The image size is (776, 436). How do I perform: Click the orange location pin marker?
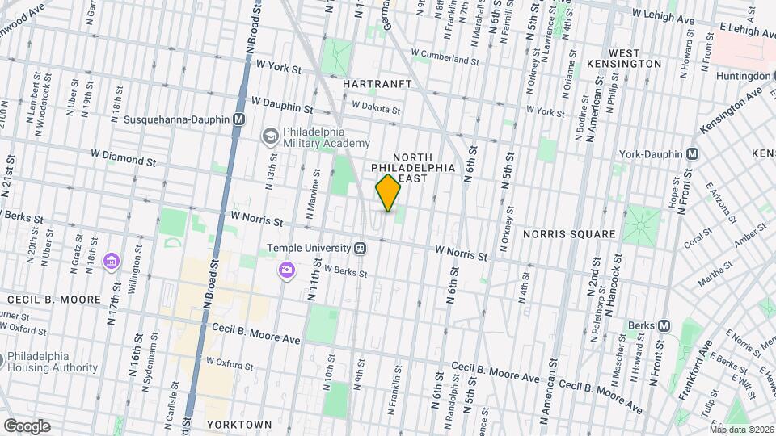388,192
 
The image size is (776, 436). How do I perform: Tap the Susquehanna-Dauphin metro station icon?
238,119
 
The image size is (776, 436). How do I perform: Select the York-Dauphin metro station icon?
693,153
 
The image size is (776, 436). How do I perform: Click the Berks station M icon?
664,325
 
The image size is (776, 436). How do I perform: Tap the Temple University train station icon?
361,248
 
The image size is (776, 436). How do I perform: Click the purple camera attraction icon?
286,270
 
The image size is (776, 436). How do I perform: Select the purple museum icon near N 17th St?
112,262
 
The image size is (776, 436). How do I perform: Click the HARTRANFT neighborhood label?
377,84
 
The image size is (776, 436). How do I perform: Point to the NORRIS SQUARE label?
569,234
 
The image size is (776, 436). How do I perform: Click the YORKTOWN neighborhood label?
239,424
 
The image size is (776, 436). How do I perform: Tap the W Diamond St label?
123,157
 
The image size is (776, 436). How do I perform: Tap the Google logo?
27,426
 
